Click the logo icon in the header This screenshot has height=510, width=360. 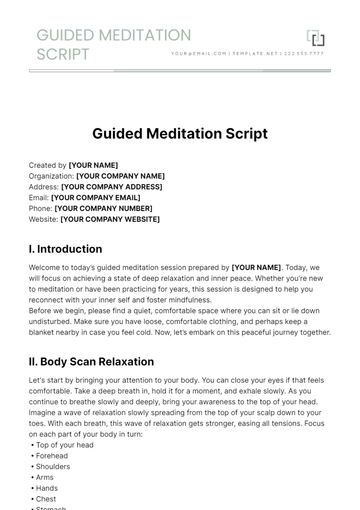point(316,39)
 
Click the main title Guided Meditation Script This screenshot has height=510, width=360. point(180,133)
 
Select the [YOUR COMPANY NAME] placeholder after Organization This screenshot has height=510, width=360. point(120,176)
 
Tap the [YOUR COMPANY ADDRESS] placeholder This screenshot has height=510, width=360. point(111,187)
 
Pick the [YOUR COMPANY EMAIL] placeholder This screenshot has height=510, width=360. point(99,198)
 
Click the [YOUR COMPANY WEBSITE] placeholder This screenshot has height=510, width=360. point(112,220)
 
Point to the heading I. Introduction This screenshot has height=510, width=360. point(66,249)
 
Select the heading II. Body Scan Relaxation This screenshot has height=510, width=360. point(92,362)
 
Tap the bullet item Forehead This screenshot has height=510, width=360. point(53,455)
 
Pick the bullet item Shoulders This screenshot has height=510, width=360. point(54,466)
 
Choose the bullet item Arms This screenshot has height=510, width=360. point(46,477)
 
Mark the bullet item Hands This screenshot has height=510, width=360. point(48,488)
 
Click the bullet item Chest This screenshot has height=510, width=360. point(47,499)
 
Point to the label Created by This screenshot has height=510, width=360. point(48,165)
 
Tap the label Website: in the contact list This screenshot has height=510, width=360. point(44,220)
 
